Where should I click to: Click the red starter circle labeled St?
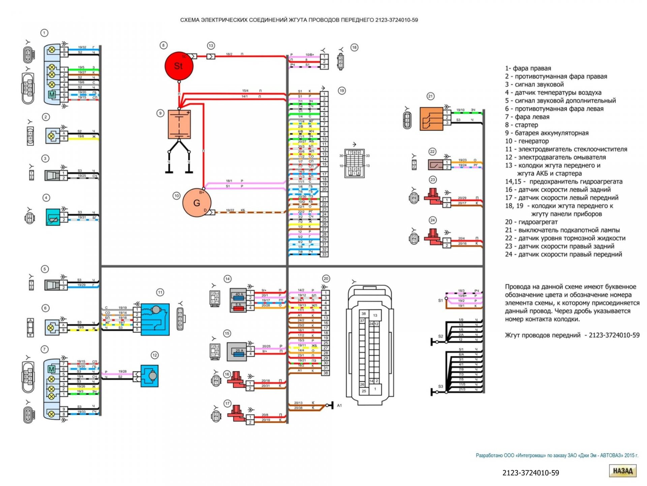point(179,66)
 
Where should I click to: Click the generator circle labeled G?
point(197,203)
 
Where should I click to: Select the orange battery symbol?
point(179,124)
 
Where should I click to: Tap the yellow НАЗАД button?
point(622,471)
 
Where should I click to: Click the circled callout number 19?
point(342,90)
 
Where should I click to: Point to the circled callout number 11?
point(160,292)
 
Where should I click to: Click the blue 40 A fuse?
point(239,295)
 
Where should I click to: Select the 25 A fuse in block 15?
point(239,351)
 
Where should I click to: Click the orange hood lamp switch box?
point(431,119)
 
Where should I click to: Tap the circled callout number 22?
point(432,152)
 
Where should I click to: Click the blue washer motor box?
point(149,376)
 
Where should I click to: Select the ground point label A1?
point(339,405)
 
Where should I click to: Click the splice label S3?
point(440,386)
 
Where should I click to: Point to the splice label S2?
point(440,336)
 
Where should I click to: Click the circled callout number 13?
point(211,46)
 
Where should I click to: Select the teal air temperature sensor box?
point(53,217)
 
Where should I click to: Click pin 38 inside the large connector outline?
point(364,314)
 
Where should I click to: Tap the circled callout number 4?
point(46,198)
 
